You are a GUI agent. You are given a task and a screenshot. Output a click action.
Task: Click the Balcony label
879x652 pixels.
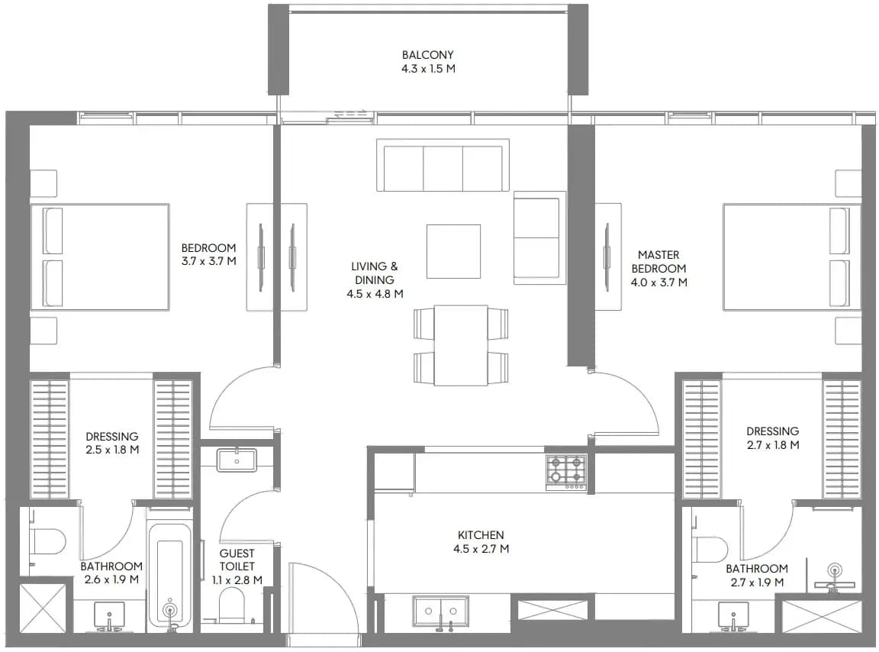point(428,55)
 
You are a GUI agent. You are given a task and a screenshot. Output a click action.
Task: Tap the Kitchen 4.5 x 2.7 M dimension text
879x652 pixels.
point(481,549)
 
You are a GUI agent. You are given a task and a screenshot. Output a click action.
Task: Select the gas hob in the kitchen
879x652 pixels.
point(566,473)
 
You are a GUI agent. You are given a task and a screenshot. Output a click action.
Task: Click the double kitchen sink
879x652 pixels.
point(440,611)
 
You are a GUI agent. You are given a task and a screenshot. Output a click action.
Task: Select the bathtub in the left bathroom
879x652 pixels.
point(169,573)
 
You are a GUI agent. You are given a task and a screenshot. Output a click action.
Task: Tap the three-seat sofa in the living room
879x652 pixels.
point(443,166)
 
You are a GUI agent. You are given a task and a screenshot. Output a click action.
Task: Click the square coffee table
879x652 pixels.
point(453,251)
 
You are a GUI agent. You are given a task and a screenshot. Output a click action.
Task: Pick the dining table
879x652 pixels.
point(461,345)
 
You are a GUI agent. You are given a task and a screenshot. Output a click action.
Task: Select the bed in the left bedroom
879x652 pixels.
point(100,257)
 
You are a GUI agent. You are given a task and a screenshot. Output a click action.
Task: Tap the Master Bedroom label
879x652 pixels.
point(658,261)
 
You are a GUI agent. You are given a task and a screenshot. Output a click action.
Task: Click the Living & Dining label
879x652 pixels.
point(375,273)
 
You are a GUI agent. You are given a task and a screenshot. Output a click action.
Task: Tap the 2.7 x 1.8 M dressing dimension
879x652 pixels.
point(772,445)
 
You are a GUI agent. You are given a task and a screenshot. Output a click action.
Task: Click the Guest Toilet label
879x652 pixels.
point(237,560)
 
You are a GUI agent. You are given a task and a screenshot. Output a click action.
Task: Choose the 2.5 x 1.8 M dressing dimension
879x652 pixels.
point(112,450)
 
